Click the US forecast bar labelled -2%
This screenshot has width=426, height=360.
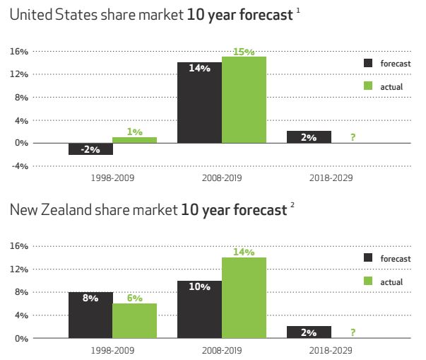(x=90, y=149)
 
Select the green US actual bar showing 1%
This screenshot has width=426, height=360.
(x=134, y=140)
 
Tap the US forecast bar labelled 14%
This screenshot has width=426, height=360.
(x=199, y=103)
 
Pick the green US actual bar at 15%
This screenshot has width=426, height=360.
(x=244, y=100)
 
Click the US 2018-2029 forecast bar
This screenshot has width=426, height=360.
(x=309, y=137)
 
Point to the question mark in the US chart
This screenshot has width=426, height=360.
(x=352, y=137)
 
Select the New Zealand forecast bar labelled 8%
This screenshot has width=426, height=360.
(x=90, y=315)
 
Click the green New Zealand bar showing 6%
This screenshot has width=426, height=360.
(x=134, y=320)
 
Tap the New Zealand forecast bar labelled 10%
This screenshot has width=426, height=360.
(x=199, y=309)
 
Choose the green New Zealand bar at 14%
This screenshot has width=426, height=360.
(x=244, y=298)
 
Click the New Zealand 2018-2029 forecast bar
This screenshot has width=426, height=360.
(x=309, y=332)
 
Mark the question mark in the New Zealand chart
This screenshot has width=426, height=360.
(x=352, y=332)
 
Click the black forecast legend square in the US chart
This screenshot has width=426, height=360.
(x=368, y=62)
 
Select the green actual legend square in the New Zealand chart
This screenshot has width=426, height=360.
(x=368, y=281)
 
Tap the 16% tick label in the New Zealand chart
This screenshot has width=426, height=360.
(x=19, y=246)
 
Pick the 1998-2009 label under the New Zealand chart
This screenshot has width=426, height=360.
(x=112, y=349)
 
